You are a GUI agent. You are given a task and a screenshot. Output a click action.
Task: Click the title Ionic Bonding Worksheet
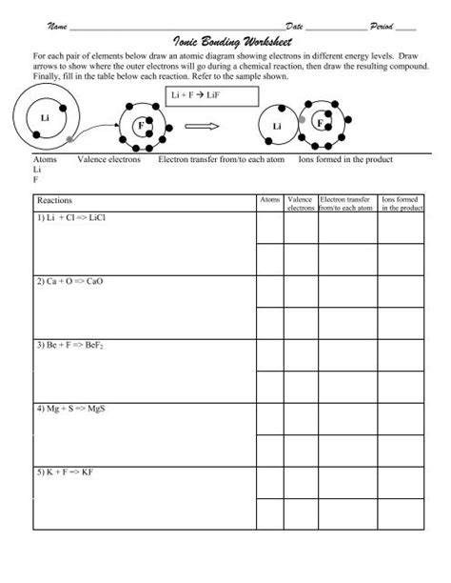[226, 43]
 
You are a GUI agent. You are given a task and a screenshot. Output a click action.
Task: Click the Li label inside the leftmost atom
[45, 116]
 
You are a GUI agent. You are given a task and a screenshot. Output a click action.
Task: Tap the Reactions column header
[54, 202]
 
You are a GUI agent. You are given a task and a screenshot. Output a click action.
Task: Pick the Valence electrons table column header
[301, 203]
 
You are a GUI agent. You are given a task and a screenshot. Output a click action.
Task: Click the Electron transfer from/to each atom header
[347, 203]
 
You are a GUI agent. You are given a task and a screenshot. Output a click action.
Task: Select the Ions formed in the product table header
[402, 203]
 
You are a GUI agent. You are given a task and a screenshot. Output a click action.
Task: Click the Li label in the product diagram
[277, 126]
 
